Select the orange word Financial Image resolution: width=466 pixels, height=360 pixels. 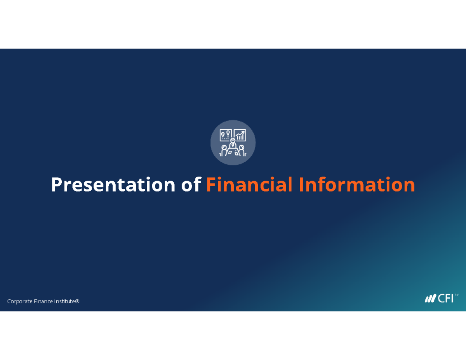[x=249, y=185]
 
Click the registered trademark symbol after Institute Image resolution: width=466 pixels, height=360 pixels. [x=77, y=301]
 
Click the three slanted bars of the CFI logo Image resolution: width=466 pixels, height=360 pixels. [x=430, y=299]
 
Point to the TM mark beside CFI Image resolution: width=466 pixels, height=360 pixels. [x=457, y=295]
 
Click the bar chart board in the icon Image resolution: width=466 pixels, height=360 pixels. [x=240, y=135]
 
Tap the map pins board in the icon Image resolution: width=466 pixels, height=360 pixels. [x=225, y=135]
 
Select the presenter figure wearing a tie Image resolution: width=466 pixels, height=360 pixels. [x=233, y=143]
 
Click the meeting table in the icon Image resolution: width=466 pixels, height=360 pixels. [x=233, y=153]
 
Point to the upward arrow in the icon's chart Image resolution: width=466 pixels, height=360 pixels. [x=242, y=132]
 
